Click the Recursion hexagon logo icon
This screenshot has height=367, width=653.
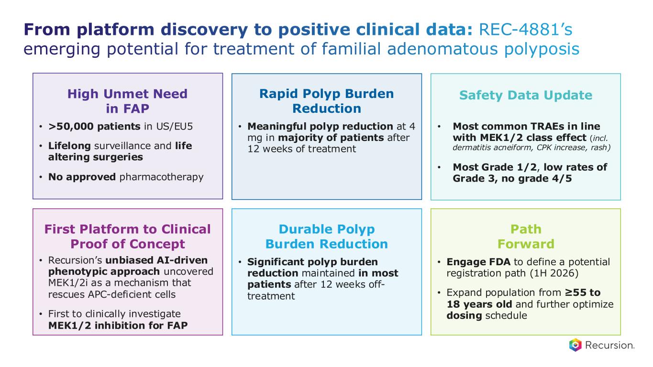point(575,345)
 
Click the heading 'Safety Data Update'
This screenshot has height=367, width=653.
point(525,95)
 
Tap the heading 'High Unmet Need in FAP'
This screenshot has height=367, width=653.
point(127,101)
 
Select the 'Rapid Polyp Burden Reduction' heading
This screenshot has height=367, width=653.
point(326,101)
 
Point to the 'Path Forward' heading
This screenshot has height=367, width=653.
point(525,237)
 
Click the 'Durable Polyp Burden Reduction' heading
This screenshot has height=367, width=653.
point(326,237)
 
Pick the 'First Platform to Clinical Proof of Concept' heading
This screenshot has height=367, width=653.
point(127,237)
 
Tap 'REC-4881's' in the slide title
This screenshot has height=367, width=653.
point(523,30)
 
